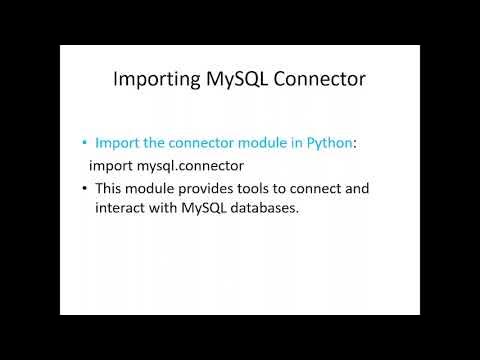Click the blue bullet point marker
(x=85, y=143)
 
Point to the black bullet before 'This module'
(x=85, y=188)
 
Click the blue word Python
(x=329, y=143)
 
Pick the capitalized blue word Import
(x=119, y=143)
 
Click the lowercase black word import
(x=111, y=164)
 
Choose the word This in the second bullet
(x=111, y=187)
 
